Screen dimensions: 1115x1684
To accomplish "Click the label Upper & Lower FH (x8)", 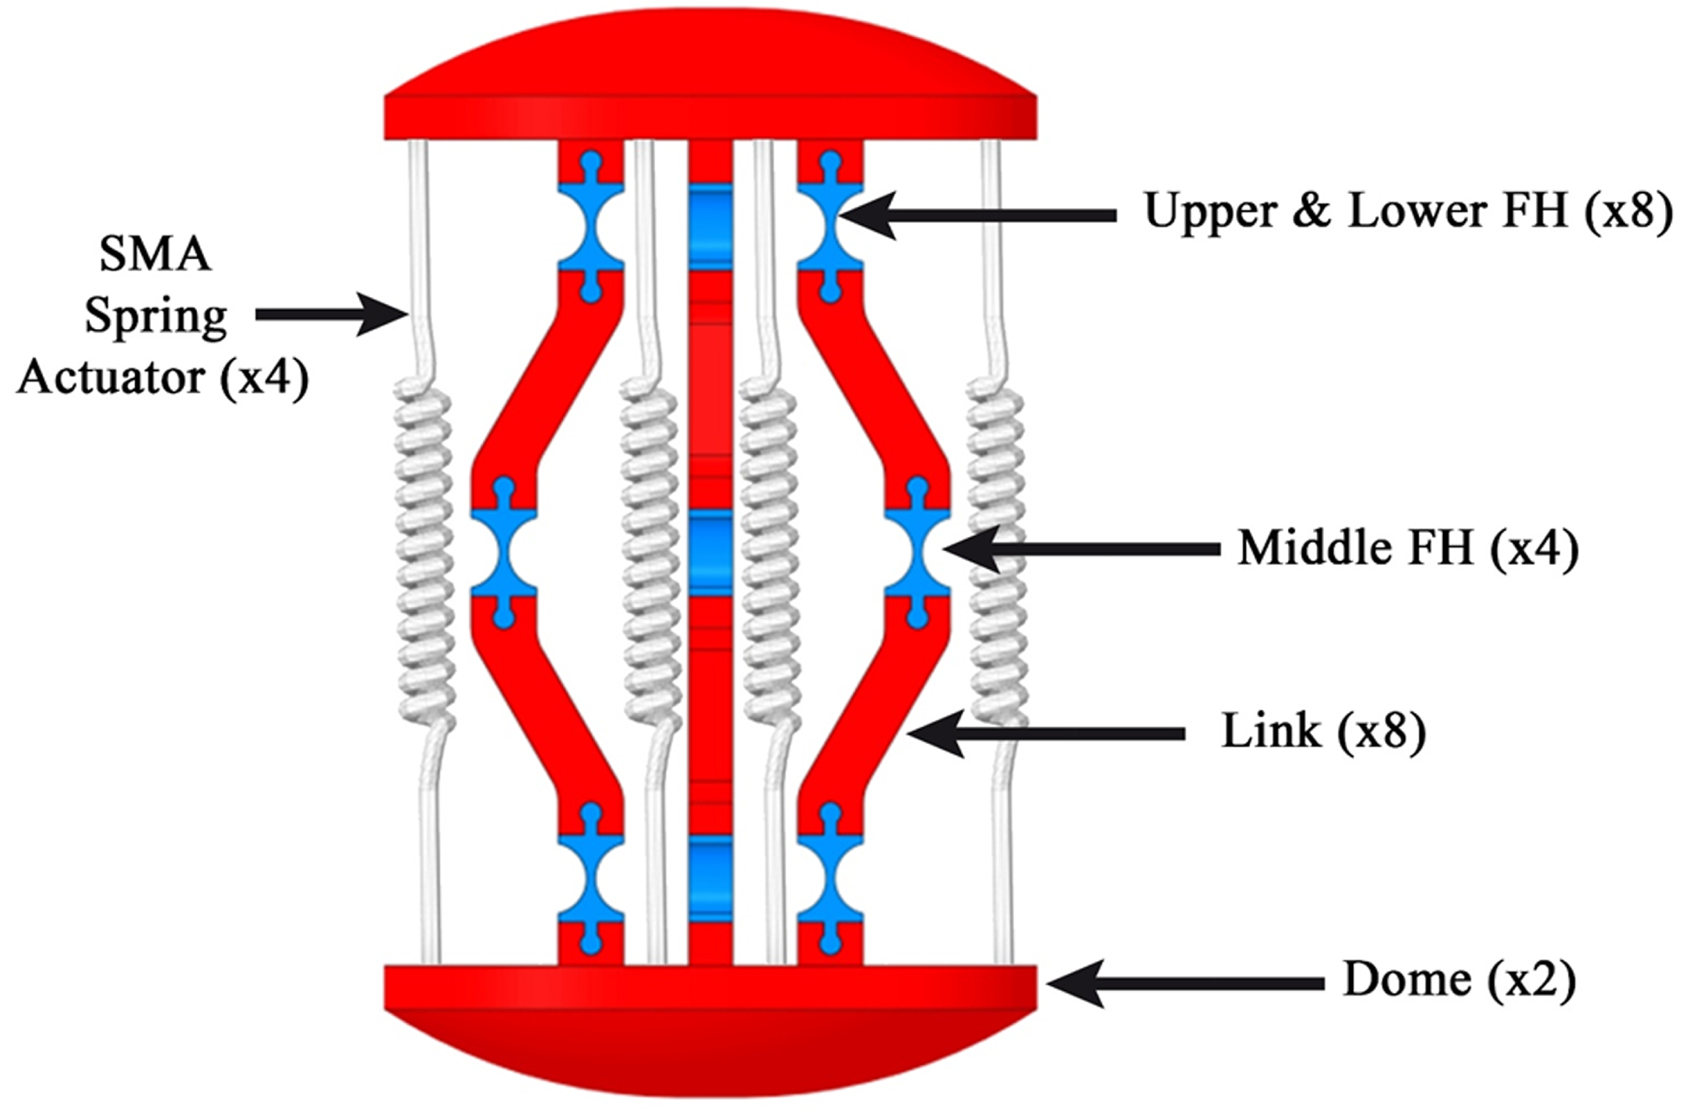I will [1407, 212].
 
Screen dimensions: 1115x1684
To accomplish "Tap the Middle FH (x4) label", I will [1408, 548].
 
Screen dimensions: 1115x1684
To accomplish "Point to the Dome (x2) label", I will [1459, 981].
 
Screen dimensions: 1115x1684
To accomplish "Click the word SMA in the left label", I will [155, 255].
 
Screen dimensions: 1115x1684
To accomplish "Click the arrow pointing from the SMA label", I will [331, 315].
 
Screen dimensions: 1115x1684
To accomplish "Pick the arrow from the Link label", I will [1046, 734].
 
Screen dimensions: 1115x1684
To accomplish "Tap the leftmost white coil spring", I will [425, 555].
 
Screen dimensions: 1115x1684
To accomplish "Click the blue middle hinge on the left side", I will [504, 551].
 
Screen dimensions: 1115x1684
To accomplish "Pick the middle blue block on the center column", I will [710, 551].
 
